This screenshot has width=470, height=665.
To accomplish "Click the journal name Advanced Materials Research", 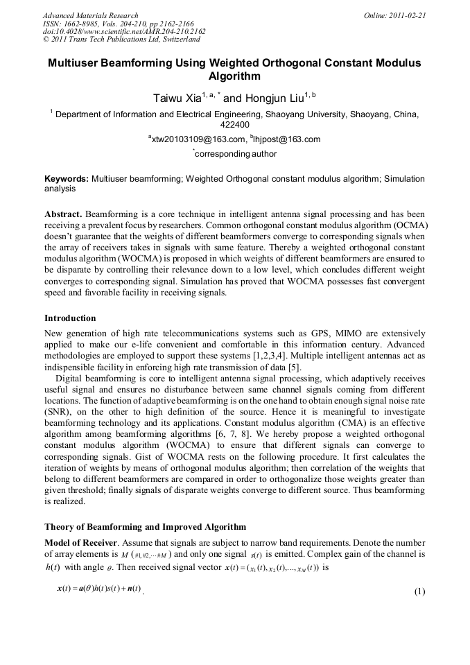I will click(x=90, y=15).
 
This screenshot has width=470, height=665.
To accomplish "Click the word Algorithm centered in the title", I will click(x=234, y=76).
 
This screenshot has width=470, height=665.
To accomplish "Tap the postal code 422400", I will click(x=234, y=126).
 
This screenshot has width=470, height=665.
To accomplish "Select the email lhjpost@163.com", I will click(x=284, y=139).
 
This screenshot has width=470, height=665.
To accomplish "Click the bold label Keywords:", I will click(x=66, y=179).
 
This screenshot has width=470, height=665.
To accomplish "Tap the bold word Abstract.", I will click(x=64, y=214).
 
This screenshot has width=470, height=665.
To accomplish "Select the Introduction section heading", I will click(x=70, y=318).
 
